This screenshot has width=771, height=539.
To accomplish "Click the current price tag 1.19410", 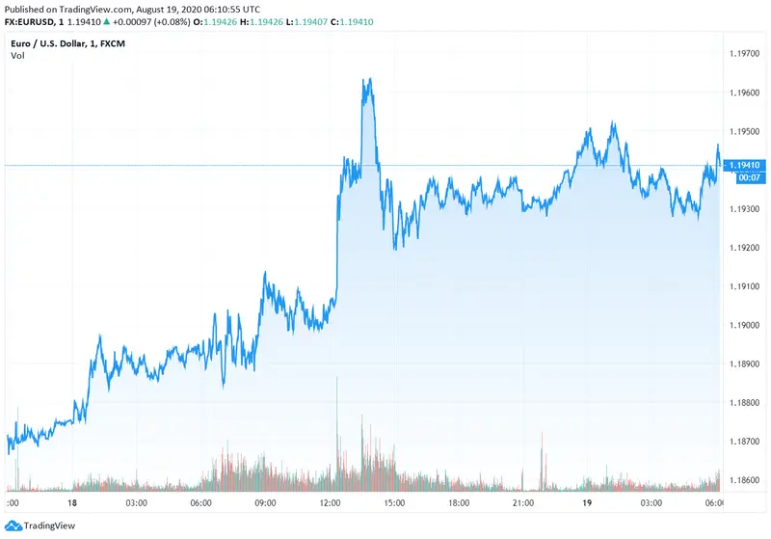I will tap(749, 166).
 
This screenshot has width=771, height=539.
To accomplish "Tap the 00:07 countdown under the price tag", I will tap(747, 177).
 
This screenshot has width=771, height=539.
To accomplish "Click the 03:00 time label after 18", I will tap(136, 503).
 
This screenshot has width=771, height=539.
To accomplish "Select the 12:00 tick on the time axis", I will tap(330, 503).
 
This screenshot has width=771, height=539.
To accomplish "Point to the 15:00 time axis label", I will tap(394, 503).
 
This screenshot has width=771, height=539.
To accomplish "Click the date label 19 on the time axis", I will tap(588, 503).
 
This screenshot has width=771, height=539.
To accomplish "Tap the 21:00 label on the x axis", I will tap(523, 503).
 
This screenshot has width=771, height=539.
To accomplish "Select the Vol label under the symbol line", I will tap(17, 55).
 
